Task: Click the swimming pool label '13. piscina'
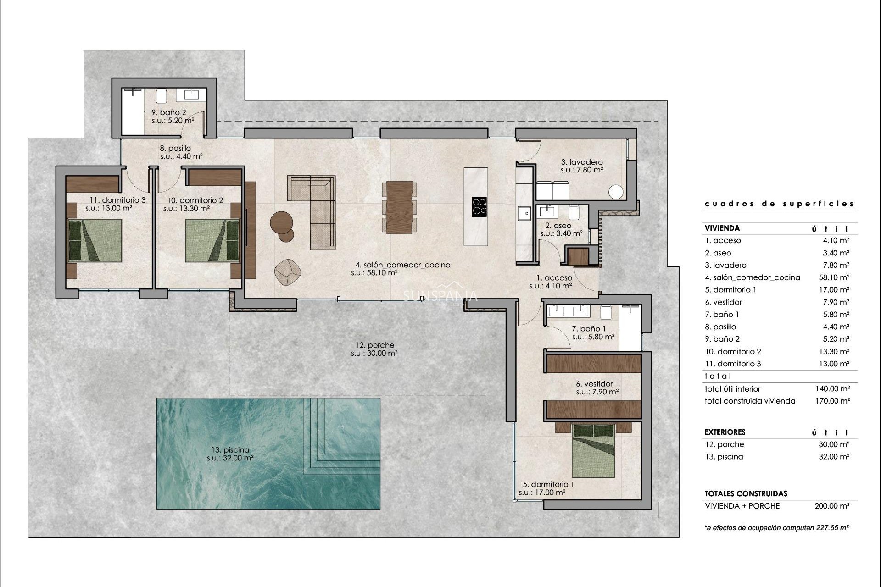[x=228, y=450]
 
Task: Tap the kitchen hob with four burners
[x=480, y=206]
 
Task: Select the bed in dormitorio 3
[x=95, y=241]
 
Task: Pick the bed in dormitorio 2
[x=213, y=241]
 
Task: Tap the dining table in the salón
[x=400, y=207]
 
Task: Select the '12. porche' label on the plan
[x=374, y=345]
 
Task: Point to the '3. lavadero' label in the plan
[x=581, y=162]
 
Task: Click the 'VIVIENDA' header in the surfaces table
[x=722, y=228]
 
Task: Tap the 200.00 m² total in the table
[x=832, y=506]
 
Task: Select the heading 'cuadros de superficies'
[x=779, y=204]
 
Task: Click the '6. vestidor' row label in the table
[x=723, y=302]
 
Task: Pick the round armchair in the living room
[x=287, y=271]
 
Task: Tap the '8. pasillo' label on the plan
[x=175, y=148]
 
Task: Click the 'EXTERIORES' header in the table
[x=725, y=432]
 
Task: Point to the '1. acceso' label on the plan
[x=554, y=278]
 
